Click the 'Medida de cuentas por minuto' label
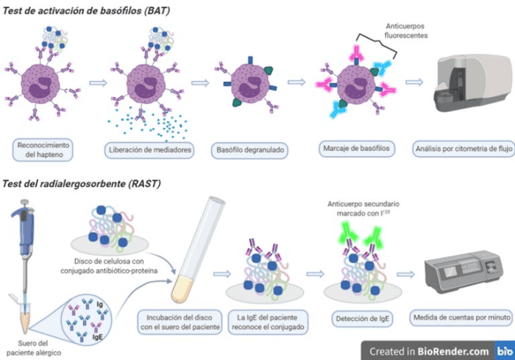[461, 317]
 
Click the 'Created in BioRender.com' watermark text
[430, 351]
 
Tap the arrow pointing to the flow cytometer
[414, 82]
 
